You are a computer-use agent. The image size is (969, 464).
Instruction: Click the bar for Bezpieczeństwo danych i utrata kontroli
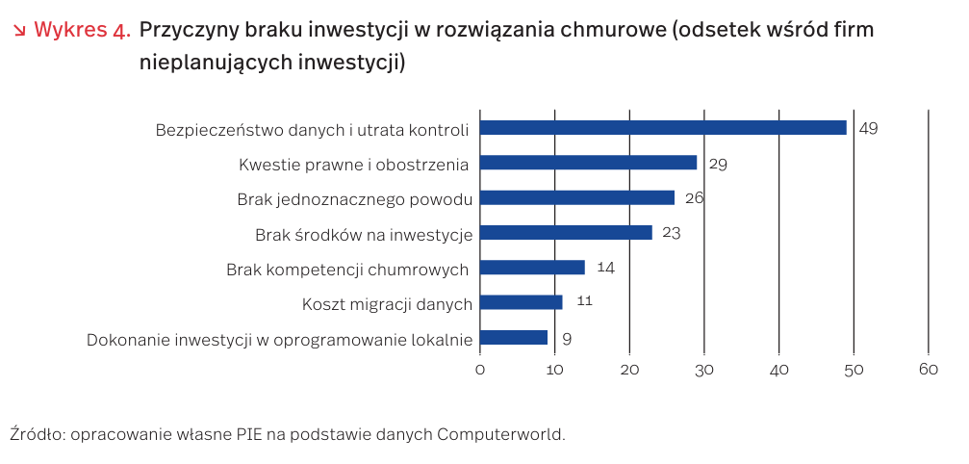(662, 128)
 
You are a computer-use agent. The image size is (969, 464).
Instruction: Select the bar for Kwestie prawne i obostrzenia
(588, 163)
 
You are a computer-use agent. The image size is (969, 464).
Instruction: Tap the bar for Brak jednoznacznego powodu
(576, 197)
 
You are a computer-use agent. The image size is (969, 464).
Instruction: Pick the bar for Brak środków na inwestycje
(566, 232)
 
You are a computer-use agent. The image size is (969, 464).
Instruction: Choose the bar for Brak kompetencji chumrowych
(532, 268)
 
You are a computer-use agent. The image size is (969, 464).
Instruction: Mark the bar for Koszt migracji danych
(521, 302)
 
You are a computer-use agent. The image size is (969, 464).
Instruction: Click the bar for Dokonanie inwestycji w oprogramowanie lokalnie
(513, 337)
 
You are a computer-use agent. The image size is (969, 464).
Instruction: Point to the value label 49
(869, 128)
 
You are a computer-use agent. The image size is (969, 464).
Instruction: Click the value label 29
(718, 164)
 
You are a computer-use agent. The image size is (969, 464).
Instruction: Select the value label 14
(605, 268)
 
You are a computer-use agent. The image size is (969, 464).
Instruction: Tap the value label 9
(567, 338)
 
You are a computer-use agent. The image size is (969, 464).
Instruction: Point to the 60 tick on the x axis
(928, 371)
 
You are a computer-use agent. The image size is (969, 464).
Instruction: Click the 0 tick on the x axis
(479, 371)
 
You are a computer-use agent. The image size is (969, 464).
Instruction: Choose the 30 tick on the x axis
(703, 371)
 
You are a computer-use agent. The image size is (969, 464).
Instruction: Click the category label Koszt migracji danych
(387, 304)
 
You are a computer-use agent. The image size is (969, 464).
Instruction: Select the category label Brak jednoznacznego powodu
(354, 200)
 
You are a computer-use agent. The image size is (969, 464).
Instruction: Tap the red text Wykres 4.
(82, 30)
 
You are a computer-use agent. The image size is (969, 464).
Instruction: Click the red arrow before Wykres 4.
(19, 31)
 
